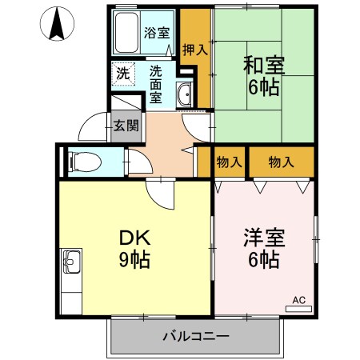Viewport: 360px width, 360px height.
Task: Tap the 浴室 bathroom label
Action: pyautogui.click(x=156, y=33)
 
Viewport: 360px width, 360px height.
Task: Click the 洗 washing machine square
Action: pyautogui.click(x=123, y=73)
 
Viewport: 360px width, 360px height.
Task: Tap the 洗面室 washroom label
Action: pyautogui.click(x=158, y=84)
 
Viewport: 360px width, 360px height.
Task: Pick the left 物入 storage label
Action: pyautogui.click(x=229, y=162)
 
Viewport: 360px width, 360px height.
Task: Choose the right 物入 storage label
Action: pyautogui.click(x=280, y=162)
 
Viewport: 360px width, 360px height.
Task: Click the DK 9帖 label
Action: pyautogui.click(x=135, y=248)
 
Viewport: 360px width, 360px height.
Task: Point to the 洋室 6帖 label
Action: pyautogui.click(x=262, y=248)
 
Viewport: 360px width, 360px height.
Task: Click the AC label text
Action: pyautogui.click(x=299, y=300)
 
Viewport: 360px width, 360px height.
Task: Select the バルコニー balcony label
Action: pyautogui.click(x=197, y=335)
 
